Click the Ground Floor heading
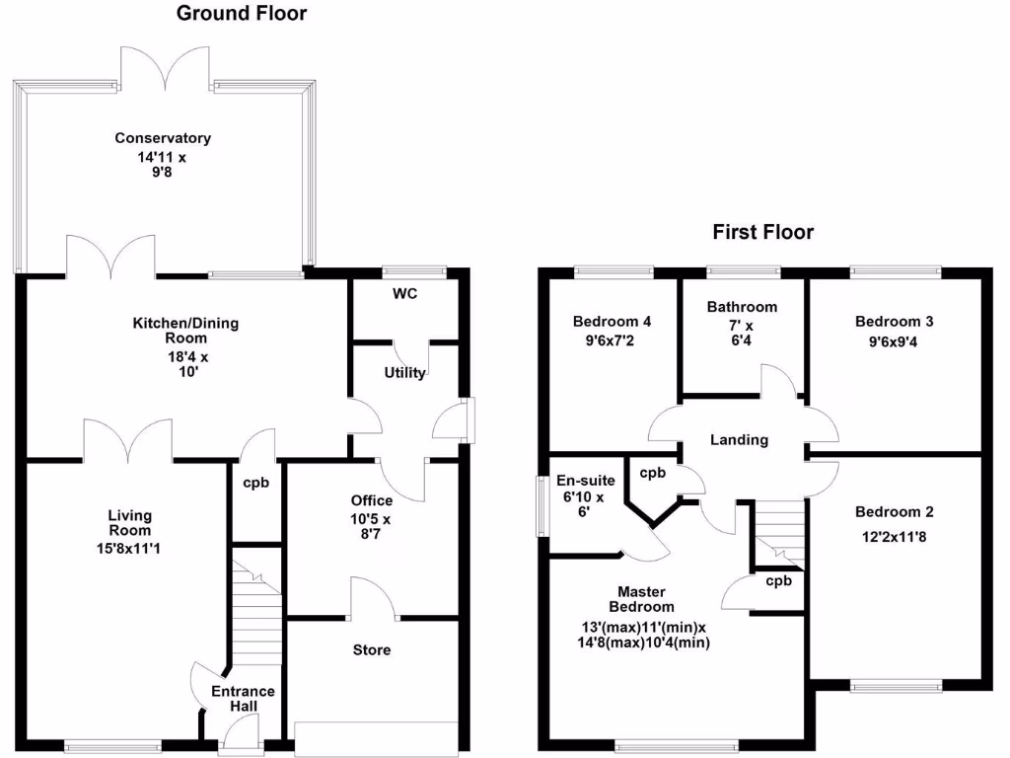pyautogui.click(x=242, y=14)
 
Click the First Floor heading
pyautogui.click(x=762, y=233)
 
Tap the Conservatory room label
pyautogui.click(x=163, y=138)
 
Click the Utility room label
pyautogui.click(x=404, y=373)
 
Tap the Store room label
pyautogui.click(x=372, y=650)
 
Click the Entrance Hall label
pyautogui.click(x=243, y=699)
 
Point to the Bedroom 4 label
pyautogui.click(x=612, y=321)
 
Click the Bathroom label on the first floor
pyautogui.click(x=742, y=307)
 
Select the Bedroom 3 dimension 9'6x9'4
pyautogui.click(x=894, y=341)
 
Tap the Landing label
pyautogui.click(x=739, y=440)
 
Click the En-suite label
pyautogui.click(x=587, y=481)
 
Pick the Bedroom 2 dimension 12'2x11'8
pyautogui.click(x=894, y=538)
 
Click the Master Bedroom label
pyautogui.click(x=641, y=599)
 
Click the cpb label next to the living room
pyautogui.click(x=255, y=484)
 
